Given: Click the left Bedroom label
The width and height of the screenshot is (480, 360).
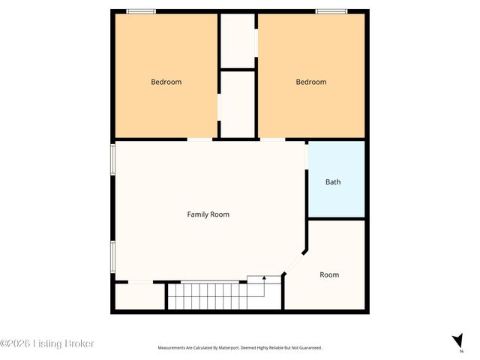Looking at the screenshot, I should pyautogui.click(x=166, y=82).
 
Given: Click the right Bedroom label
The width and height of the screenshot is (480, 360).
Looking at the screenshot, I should pyautogui.click(x=310, y=82).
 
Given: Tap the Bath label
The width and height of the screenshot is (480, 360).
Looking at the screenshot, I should pyautogui.click(x=333, y=181).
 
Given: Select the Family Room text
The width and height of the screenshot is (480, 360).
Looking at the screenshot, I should pyautogui.click(x=208, y=214).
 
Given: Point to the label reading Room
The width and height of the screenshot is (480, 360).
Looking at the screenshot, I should pyautogui.click(x=329, y=274).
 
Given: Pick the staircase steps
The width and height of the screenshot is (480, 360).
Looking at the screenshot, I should pyautogui.click(x=206, y=295).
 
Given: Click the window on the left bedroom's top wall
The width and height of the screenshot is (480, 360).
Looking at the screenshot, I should pyautogui.click(x=141, y=10).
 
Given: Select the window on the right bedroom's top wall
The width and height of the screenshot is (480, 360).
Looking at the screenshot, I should pyautogui.click(x=331, y=10).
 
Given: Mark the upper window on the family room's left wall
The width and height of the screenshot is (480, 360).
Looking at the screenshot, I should pyautogui.click(x=113, y=159).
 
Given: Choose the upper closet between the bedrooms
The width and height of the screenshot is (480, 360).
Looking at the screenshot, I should pyautogui.click(x=238, y=40).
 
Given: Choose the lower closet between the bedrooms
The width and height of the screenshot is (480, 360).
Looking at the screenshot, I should pyautogui.click(x=238, y=104).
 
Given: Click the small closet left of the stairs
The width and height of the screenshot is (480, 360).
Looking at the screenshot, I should pyautogui.click(x=139, y=296).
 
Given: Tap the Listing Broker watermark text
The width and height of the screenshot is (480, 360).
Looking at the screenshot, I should pyautogui.click(x=48, y=343).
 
